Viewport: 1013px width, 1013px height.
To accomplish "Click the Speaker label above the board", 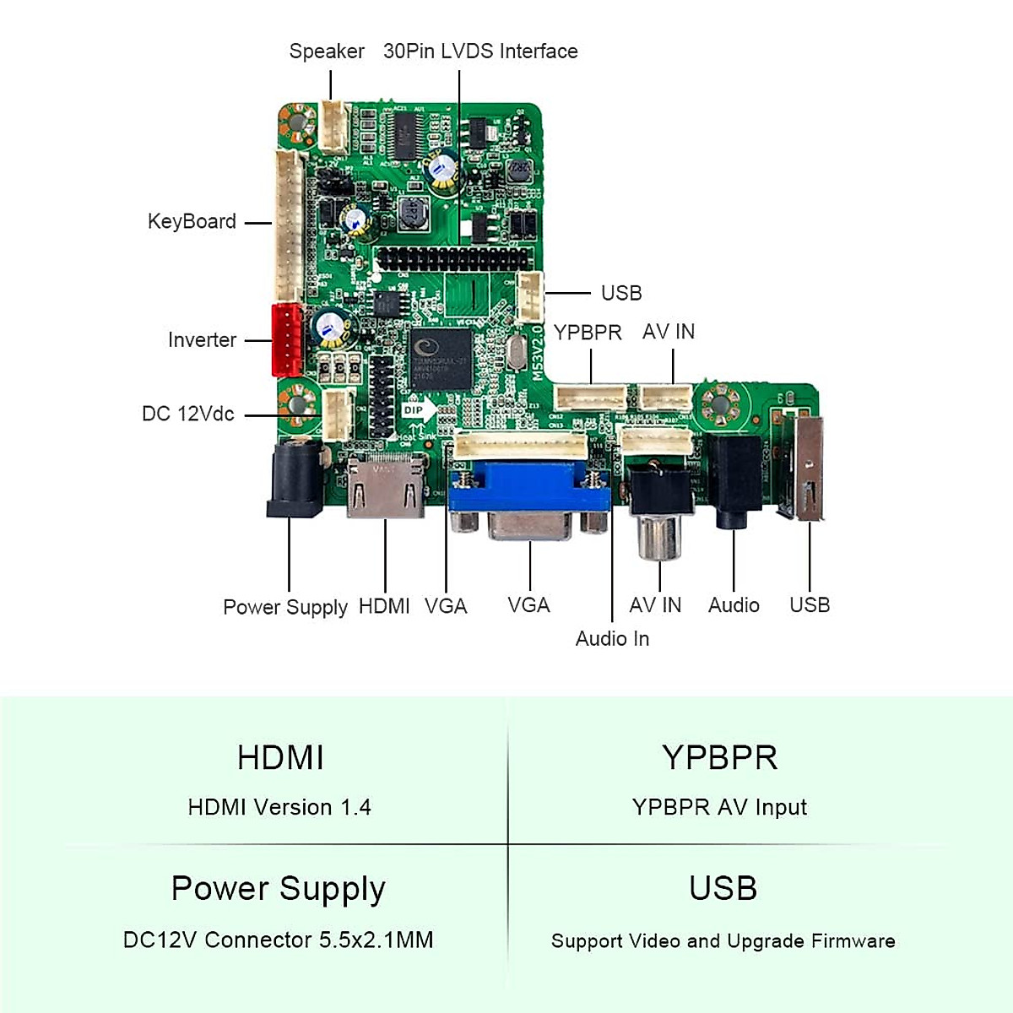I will point(327,51).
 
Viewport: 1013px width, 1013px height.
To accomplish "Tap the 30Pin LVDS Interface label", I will point(480,51).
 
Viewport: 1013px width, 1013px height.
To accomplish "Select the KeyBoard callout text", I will point(192,222).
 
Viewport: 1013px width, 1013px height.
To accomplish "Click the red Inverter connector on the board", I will point(287,339).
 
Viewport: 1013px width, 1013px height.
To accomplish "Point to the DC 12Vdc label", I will point(187,414).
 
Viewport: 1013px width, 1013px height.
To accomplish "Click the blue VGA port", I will point(530,501).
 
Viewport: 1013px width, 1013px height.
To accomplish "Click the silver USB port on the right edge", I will point(808,469).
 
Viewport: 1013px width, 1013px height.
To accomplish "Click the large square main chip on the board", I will point(440,359).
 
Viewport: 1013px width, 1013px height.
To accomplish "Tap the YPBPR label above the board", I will point(588,333).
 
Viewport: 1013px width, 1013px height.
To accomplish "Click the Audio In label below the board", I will point(612,639).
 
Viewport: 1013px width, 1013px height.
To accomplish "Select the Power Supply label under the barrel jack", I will point(285,607).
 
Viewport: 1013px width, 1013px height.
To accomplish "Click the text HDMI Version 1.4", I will point(279,808).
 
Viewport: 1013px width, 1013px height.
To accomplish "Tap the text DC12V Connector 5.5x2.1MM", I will point(278,940).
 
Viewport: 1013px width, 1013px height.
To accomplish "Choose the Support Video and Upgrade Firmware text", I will point(723,941).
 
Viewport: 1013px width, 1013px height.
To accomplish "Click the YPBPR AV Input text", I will point(719,808).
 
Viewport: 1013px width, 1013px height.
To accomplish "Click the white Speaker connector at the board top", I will point(333,127).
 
